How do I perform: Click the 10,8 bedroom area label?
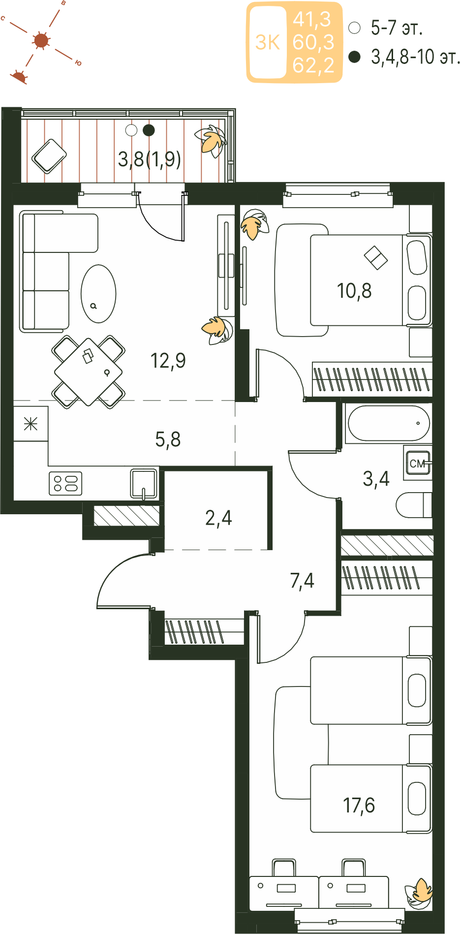coord(354,291)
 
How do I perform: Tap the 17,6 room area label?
coord(359,806)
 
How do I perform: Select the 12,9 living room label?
coord(168,361)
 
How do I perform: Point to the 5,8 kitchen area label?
coord(168,439)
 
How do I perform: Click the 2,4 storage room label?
coord(218,518)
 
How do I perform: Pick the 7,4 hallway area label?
coord(302,581)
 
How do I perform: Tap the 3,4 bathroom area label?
coord(376,478)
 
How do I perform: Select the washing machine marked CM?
coord(418,463)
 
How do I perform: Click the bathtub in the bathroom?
coord(389,423)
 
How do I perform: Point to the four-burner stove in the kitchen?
coord(65,483)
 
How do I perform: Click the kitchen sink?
coord(144,484)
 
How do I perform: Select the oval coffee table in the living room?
coord(98,294)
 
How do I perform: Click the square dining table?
coord(89,372)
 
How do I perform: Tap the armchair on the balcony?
coord(49,156)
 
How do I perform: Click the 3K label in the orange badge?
coord(268,43)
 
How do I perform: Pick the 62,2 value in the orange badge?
coord(313,65)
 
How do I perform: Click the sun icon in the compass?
coord(41,40)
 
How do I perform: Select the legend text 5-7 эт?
coord(397,28)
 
